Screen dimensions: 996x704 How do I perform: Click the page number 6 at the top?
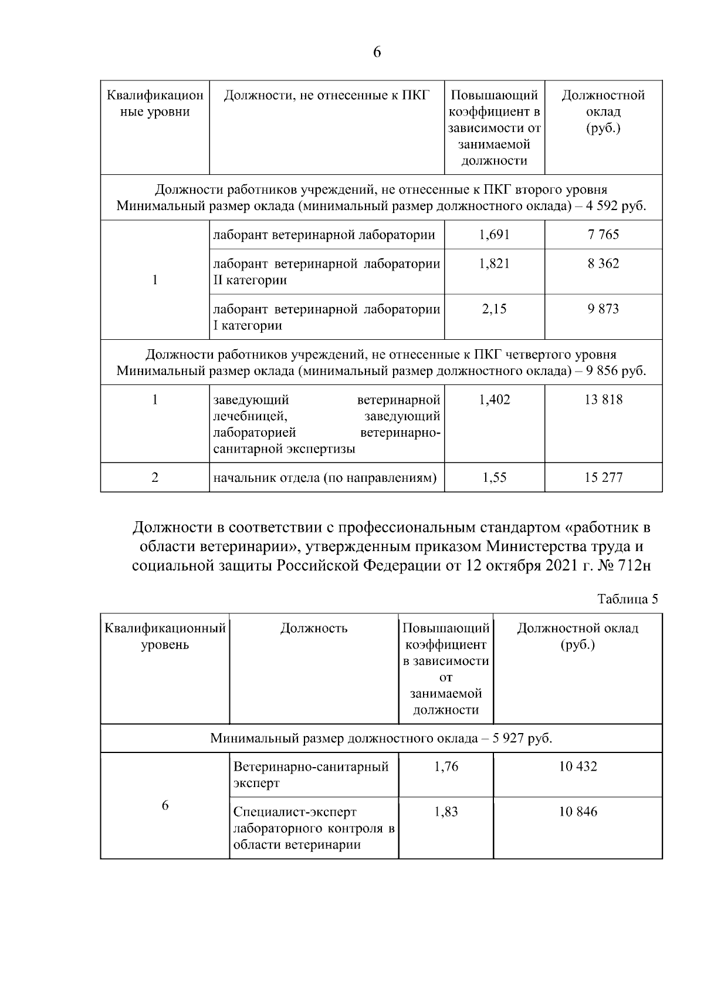coord(377,52)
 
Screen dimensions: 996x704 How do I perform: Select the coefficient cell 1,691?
coord(494,235)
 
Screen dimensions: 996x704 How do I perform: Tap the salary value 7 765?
coord(603,235)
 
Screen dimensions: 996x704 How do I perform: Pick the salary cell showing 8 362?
coord(603,264)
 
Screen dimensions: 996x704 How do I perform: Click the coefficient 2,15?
coord(494,309)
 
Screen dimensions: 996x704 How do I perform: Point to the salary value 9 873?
coord(603,309)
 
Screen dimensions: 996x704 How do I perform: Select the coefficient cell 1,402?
coord(494,400)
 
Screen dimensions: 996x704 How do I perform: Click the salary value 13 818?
coord(603,400)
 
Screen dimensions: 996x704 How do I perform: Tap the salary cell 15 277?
coord(603,477)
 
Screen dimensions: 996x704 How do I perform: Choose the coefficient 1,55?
coord(494,477)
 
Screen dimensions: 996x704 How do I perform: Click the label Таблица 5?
coord(627,599)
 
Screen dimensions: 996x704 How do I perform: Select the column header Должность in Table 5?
coord(314,628)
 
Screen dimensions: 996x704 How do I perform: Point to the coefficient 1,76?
coord(446,767)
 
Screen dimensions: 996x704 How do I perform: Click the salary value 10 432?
coord(578,767)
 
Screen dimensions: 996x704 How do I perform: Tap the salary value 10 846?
coord(578,812)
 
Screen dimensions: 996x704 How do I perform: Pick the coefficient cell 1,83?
coord(446,812)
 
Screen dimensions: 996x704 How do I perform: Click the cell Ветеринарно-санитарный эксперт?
coord(311,775)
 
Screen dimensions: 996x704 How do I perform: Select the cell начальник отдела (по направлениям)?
coord(325,477)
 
